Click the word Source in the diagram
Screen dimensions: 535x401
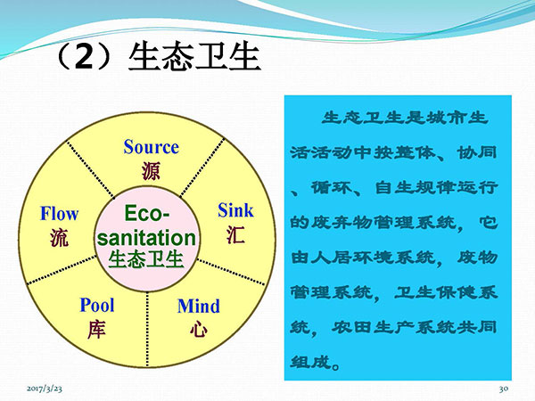tap(152, 147)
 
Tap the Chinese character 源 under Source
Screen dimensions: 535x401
tap(151, 171)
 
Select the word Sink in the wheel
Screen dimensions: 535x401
tap(235, 210)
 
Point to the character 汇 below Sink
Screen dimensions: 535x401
tap(235, 234)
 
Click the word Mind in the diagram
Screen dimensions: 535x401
tap(199, 306)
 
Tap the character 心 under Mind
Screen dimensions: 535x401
tap(199, 330)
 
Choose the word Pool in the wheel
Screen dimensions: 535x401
tap(97, 305)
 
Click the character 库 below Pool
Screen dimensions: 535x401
tap(96, 330)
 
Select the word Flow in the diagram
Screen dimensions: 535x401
tap(60, 214)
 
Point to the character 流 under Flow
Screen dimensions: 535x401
tap(60, 238)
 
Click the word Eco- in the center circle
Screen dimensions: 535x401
tap(147, 214)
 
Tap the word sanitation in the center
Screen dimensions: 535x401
tap(147, 238)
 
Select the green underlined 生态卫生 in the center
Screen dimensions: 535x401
tap(146, 260)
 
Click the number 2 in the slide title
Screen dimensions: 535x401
tap(84, 56)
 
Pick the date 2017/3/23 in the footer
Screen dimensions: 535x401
tap(45, 389)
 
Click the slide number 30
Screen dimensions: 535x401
tap(504, 389)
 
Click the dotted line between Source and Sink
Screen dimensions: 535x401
tap(202, 168)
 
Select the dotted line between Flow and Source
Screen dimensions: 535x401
tap(90, 169)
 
